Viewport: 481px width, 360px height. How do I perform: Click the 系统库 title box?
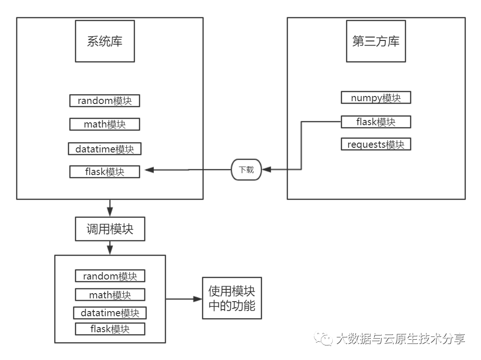(104, 41)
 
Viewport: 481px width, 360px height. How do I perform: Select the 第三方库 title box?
(376, 41)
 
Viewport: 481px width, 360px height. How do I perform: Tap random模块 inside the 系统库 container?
(104, 100)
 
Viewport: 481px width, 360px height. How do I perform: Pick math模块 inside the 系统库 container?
(104, 124)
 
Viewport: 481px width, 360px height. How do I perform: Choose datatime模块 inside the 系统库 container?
(104, 149)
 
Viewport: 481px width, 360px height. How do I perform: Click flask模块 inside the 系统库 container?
(104, 172)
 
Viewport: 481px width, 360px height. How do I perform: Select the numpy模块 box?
(376, 98)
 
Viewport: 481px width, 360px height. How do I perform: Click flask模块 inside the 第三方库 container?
(376, 122)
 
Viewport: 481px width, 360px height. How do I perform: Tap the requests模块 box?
(376, 144)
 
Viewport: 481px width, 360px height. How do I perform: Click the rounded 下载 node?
(246, 169)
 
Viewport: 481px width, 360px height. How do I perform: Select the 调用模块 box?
(110, 229)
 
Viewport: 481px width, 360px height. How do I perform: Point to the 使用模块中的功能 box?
(232, 298)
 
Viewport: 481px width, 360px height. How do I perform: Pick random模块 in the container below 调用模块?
(110, 276)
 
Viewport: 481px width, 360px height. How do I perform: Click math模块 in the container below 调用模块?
(110, 295)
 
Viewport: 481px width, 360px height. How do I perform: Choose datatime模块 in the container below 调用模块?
(110, 313)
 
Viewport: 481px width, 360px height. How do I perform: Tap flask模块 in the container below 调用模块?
(110, 328)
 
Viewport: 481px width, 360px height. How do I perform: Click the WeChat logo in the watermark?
(324, 338)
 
